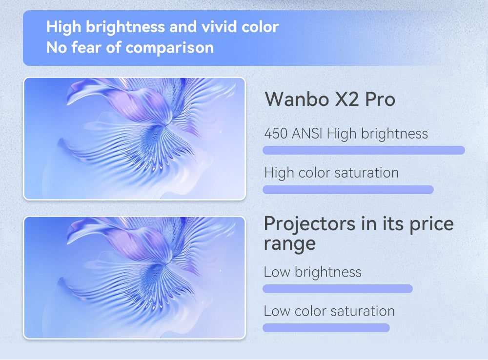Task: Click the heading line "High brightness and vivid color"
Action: pos(162,27)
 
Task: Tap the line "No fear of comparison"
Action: pos(130,48)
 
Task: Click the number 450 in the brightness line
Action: pos(276,134)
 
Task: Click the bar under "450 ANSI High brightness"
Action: pos(364,150)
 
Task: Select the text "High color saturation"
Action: pos(331,173)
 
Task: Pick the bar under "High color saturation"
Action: pos(348,190)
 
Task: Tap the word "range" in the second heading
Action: pos(290,244)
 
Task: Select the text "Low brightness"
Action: pos(313,272)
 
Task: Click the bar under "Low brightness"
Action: pos(338,289)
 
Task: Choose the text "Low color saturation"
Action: pos(329,311)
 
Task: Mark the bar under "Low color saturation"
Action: pos(326,328)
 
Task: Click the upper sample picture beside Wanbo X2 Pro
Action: pos(134,139)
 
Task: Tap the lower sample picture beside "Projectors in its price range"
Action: pos(134,278)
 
